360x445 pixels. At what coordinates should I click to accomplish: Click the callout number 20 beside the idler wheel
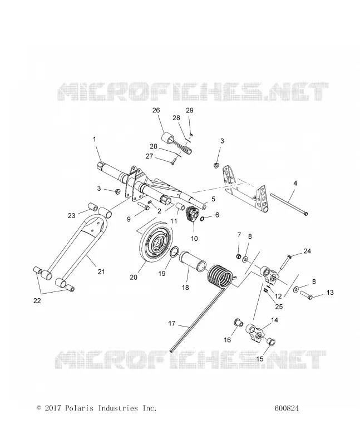(x=134, y=277)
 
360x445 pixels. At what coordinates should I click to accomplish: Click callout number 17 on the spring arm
(x=171, y=323)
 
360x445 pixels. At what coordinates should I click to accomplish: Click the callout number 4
(x=295, y=184)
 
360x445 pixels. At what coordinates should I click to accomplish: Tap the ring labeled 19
(x=174, y=251)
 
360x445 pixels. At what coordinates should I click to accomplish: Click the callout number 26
(x=156, y=110)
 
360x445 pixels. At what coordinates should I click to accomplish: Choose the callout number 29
(x=190, y=110)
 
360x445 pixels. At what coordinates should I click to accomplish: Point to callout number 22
(x=37, y=301)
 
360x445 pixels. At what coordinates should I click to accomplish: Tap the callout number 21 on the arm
(x=101, y=271)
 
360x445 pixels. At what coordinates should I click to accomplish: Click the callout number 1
(x=94, y=140)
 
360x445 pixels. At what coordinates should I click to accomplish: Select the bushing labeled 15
(x=270, y=342)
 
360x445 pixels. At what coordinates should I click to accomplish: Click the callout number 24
(x=307, y=251)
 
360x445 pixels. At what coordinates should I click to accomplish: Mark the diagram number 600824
(x=287, y=408)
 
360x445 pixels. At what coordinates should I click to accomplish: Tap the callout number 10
(x=194, y=239)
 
